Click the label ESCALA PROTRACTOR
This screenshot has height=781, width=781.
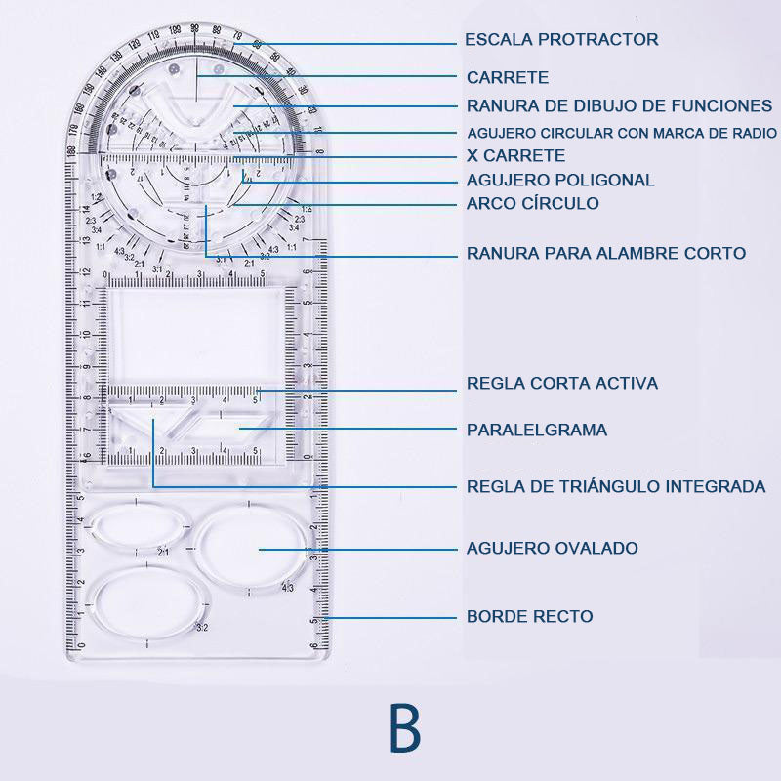pos(561,40)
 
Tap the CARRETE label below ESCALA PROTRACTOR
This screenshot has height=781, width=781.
pos(508,77)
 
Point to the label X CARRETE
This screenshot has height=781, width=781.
pos(515,156)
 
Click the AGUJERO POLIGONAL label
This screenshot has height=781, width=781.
pos(560,181)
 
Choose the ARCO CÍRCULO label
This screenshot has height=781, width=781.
pos(533,204)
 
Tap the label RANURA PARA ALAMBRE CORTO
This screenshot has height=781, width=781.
pos(605,254)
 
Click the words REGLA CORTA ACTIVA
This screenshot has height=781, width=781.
pos(562,384)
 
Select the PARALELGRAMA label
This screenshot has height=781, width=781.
pos(537,431)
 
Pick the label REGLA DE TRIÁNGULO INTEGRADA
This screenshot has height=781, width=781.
pos(616,486)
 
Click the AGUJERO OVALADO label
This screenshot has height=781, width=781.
pos(553,549)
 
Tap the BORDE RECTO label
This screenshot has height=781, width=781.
pos(530,617)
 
